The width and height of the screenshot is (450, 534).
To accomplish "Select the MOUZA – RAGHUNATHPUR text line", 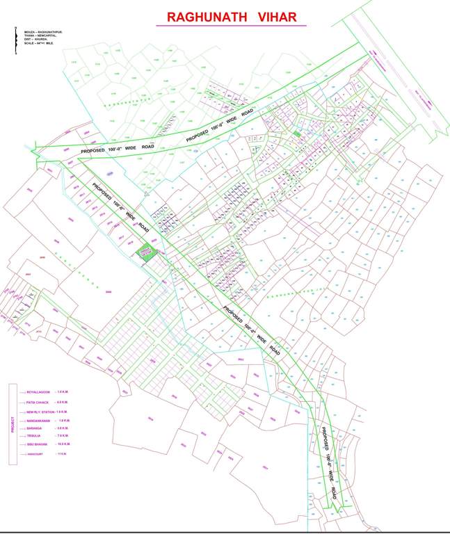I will (42, 31).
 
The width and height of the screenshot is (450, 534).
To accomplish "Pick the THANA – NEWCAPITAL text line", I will (41, 35).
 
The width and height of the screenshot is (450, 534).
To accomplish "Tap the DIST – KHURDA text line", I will (37, 39).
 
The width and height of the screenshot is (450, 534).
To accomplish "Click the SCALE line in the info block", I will (38, 43).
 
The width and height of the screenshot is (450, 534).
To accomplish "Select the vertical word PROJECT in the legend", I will (12, 424).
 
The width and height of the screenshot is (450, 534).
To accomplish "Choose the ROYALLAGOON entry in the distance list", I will (39, 392).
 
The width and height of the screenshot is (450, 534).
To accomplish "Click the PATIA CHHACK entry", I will (38, 402).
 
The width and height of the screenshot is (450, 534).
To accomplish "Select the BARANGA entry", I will (35, 428).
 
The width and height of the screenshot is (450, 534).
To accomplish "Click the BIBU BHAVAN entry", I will (37, 444).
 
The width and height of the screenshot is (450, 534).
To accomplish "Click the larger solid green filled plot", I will (145, 253).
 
